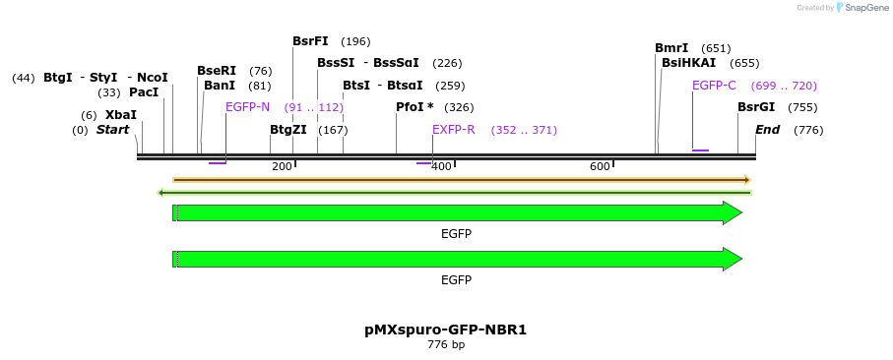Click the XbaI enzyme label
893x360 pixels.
(x=120, y=115)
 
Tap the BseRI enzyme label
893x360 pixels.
(x=217, y=71)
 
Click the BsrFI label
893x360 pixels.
(x=310, y=41)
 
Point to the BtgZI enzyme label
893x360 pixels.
(x=288, y=130)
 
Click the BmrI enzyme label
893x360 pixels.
(x=671, y=48)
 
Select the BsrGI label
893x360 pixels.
(x=756, y=107)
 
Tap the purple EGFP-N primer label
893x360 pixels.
(x=247, y=107)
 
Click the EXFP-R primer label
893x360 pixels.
(x=454, y=130)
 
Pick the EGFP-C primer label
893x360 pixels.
(x=714, y=86)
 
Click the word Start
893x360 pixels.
(x=112, y=130)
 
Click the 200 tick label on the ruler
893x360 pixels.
(x=282, y=166)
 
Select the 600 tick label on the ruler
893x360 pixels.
(x=600, y=166)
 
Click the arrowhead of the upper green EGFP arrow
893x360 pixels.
(x=733, y=213)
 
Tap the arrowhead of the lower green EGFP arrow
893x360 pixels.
(x=733, y=260)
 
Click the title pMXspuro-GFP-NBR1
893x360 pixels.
(x=446, y=330)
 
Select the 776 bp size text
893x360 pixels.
(x=446, y=345)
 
